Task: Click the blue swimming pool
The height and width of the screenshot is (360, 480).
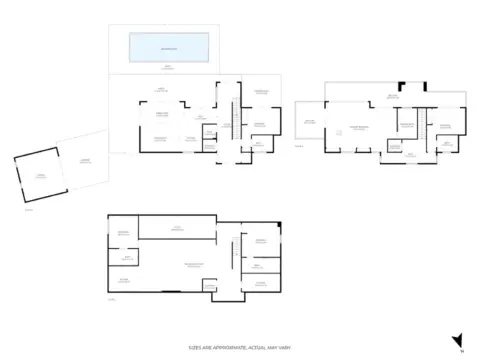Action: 168,47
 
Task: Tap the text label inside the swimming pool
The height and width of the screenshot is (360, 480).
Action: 168,47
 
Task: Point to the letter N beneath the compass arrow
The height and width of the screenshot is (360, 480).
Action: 461,352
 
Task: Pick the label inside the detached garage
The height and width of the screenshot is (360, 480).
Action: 40,176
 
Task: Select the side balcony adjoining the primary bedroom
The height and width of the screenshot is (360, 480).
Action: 309,123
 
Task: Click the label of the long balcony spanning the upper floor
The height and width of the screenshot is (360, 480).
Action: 395,97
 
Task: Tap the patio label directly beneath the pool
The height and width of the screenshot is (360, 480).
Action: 168,68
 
